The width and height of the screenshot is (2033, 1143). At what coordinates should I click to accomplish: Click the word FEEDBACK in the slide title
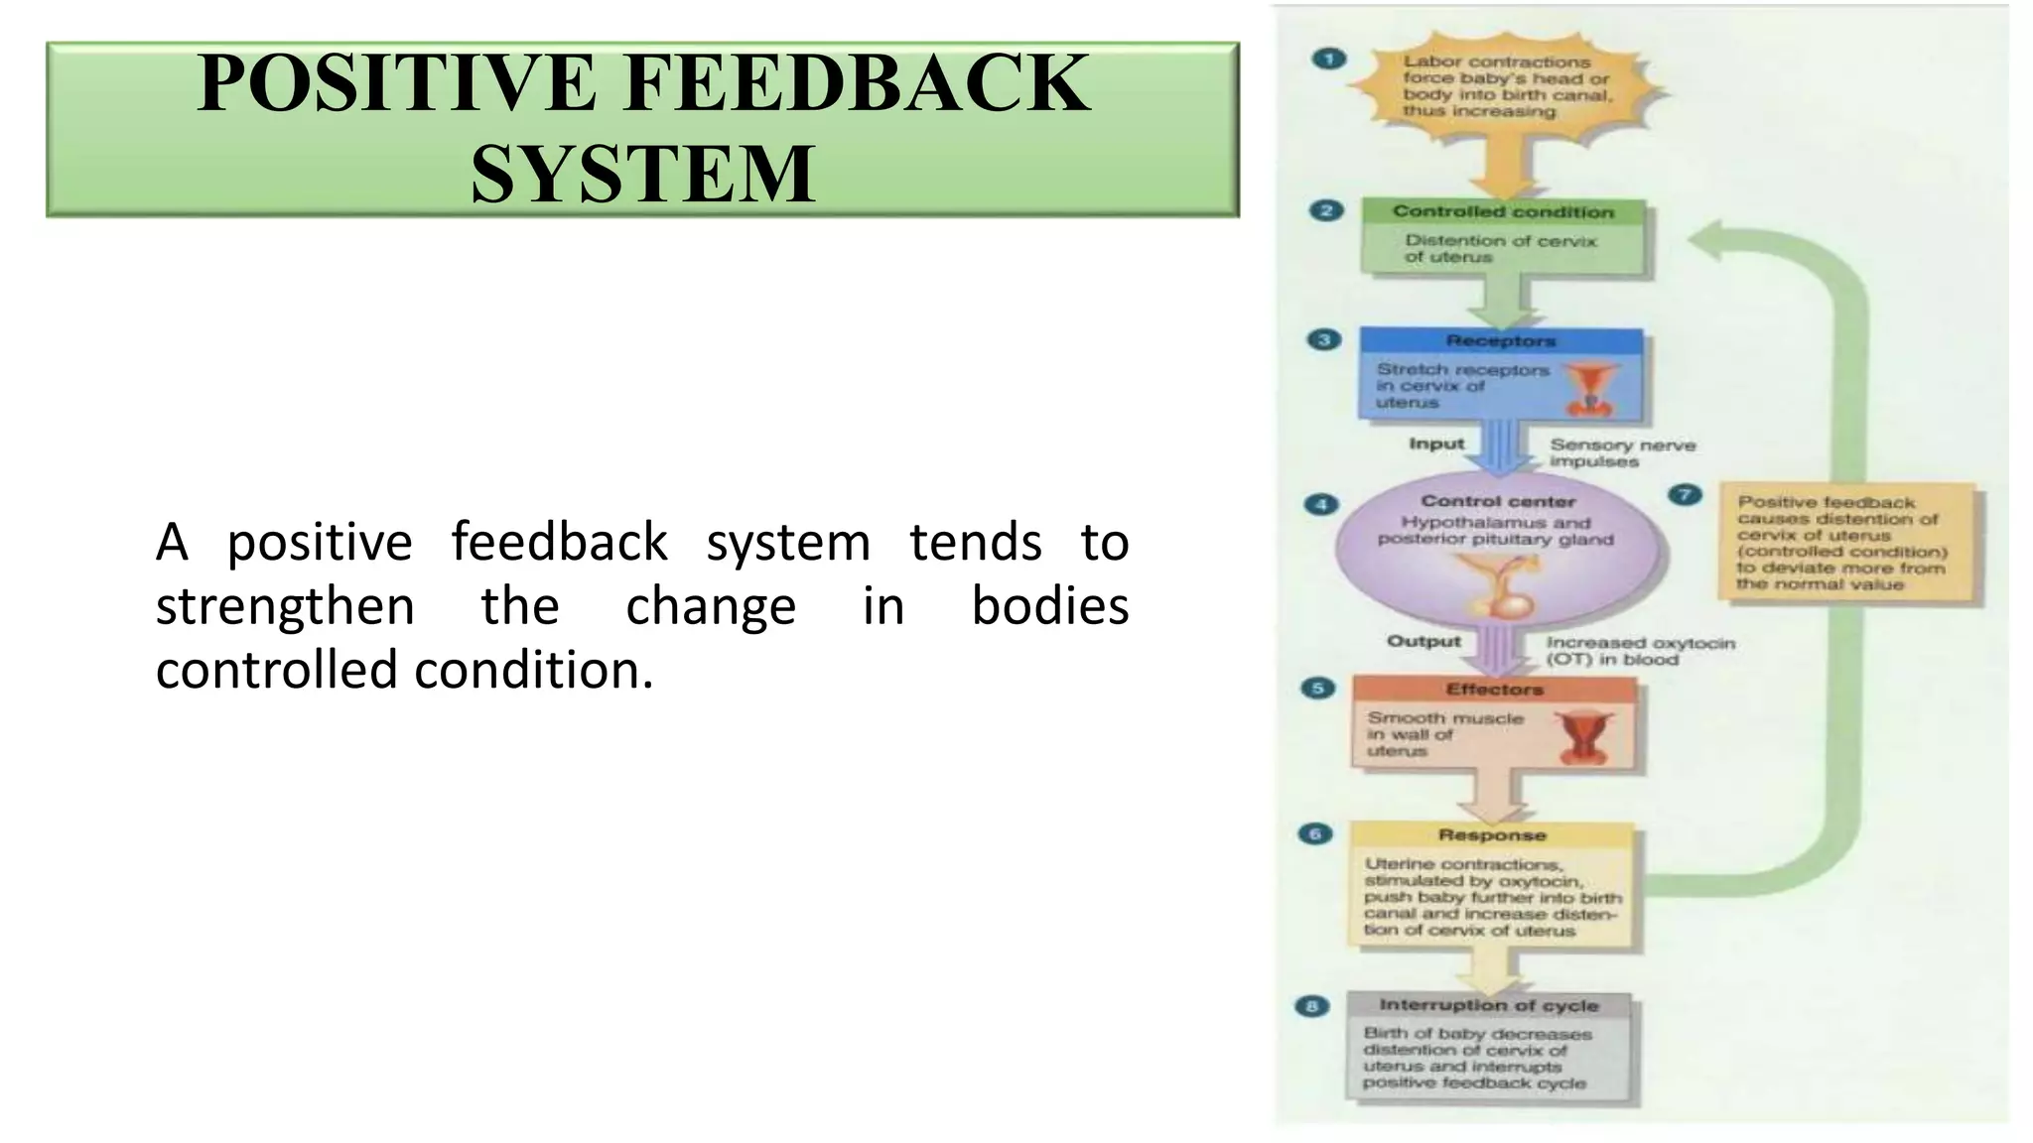[858, 85]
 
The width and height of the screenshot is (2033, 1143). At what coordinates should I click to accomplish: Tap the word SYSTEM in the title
[643, 175]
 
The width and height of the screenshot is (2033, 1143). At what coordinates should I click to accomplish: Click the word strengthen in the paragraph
[285, 606]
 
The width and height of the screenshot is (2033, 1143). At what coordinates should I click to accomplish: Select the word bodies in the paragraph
[1049, 606]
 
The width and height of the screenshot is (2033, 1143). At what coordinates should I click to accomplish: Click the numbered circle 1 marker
[1328, 60]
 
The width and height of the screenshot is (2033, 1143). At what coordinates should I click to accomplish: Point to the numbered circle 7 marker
[1685, 495]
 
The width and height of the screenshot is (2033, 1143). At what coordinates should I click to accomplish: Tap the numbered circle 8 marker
[1311, 1007]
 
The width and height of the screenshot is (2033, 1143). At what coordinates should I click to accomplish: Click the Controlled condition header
[1503, 211]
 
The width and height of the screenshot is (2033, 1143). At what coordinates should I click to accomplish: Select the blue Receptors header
[1500, 341]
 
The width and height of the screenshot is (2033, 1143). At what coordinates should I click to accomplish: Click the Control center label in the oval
[1497, 502]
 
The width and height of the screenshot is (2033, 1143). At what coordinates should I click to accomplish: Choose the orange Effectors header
[1494, 690]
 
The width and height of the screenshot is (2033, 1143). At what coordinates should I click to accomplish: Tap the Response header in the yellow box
[1491, 835]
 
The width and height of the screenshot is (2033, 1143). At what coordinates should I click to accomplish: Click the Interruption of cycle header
[1488, 1005]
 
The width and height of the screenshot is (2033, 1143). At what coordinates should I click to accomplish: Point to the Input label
[1435, 444]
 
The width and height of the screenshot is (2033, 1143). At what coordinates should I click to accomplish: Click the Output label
[1423, 642]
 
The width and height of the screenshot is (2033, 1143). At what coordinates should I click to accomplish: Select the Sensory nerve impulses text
[1622, 453]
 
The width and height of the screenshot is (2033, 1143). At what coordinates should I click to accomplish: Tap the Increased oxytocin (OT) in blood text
[1640, 651]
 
